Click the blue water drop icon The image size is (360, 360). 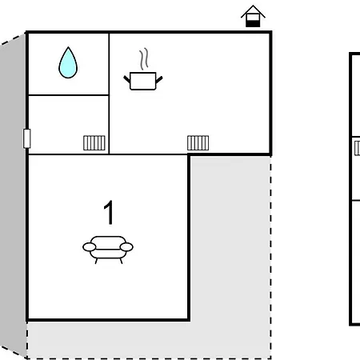(68, 63)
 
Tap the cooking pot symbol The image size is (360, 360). (143, 81)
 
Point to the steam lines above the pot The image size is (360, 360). (144, 59)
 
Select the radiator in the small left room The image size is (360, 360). (94, 143)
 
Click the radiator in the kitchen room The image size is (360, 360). (198, 143)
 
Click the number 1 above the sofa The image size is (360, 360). (109, 212)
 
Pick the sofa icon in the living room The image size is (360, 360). (108, 250)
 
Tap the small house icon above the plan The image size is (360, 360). (253, 16)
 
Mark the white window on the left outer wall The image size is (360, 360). (27, 138)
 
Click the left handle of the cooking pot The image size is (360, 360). (126, 79)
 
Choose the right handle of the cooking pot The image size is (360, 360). (159, 79)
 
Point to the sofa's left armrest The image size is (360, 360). (90, 247)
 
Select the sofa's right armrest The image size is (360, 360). (126, 247)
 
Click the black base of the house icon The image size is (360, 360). (253, 24)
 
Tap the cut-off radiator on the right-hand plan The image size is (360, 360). (358, 148)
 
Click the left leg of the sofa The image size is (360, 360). (96, 261)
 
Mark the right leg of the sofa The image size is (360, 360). (121, 261)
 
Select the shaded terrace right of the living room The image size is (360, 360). (230, 240)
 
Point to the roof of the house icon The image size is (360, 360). (253, 11)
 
